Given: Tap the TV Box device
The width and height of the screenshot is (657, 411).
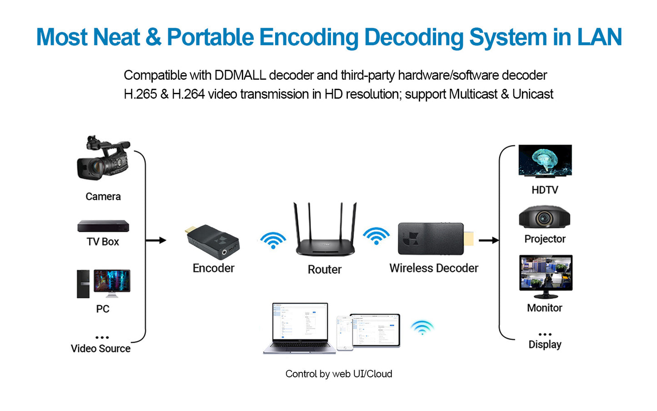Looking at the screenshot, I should [103, 226].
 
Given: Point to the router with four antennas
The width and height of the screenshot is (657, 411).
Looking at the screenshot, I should [325, 232].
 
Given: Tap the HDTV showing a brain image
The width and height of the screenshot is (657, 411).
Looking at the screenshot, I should [545, 161].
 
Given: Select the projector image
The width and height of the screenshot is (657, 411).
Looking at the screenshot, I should [544, 217].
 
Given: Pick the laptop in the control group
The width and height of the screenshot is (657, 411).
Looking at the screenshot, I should [300, 328].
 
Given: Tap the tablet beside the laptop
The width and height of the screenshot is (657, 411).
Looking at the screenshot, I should [375, 330].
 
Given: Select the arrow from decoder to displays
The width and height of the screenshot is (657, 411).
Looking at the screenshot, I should [489, 240].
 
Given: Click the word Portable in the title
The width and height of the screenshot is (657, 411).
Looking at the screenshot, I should [211, 37].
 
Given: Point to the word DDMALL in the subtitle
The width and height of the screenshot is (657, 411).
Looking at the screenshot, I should [240, 75].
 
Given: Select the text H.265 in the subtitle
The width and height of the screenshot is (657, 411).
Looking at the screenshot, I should [140, 94].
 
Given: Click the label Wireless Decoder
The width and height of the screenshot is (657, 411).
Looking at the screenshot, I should [434, 268].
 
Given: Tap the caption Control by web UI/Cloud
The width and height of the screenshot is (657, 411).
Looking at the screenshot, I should [339, 374].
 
